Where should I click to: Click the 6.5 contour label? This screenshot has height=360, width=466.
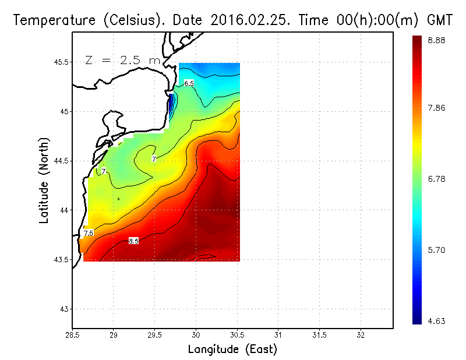click(x=189, y=83)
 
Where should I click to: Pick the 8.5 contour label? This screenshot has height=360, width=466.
click(x=133, y=241)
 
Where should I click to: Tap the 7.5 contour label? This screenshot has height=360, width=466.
click(x=89, y=233)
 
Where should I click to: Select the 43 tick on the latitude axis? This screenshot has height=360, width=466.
click(x=65, y=309)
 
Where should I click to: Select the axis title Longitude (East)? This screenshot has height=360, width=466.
click(x=232, y=350)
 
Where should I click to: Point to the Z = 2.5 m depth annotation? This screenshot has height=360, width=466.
click(x=122, y=60)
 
